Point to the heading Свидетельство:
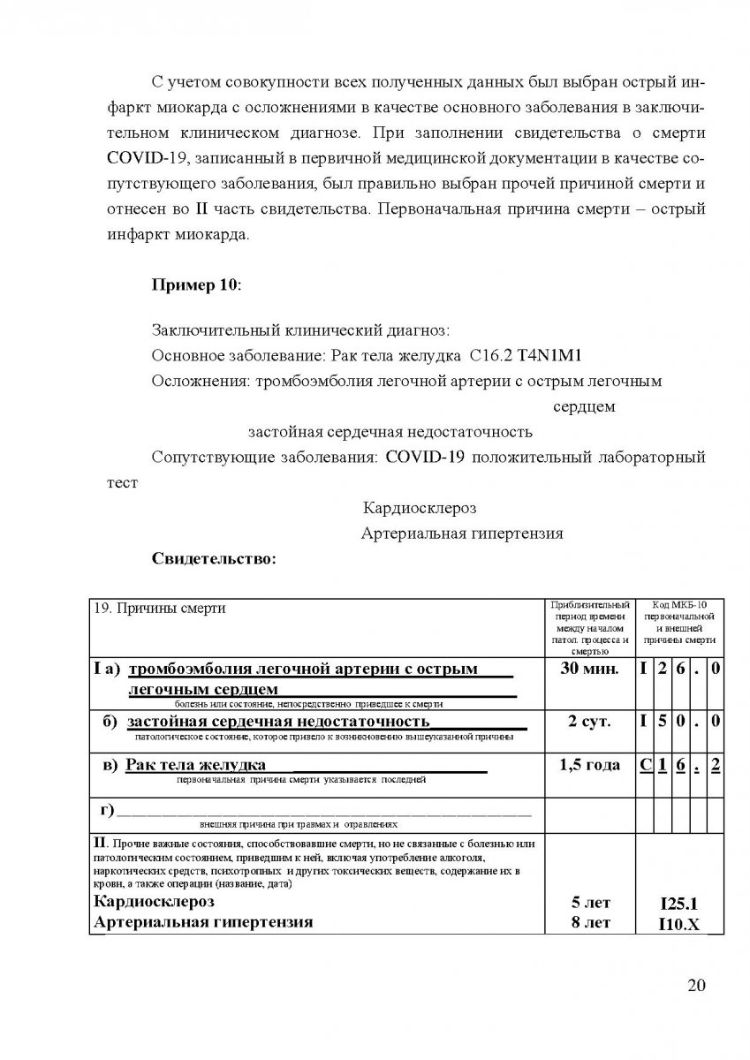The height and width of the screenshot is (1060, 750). pyautogui.click(x=215, y=558)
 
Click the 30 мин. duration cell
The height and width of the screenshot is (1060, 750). pyautogui.click(x=590, y=669)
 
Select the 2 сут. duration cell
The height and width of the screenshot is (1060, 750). pyautogui.click(x=590, y=722)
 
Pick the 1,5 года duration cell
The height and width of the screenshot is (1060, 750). pyautogui.click(x=590, y=766)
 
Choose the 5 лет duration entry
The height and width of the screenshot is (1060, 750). pyautogui.click(x=590, y=904)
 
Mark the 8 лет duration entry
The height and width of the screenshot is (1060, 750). pyautogui.click(x=590, y=924)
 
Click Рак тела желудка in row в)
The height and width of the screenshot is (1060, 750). pyautogui.click(x=196, y=765)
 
